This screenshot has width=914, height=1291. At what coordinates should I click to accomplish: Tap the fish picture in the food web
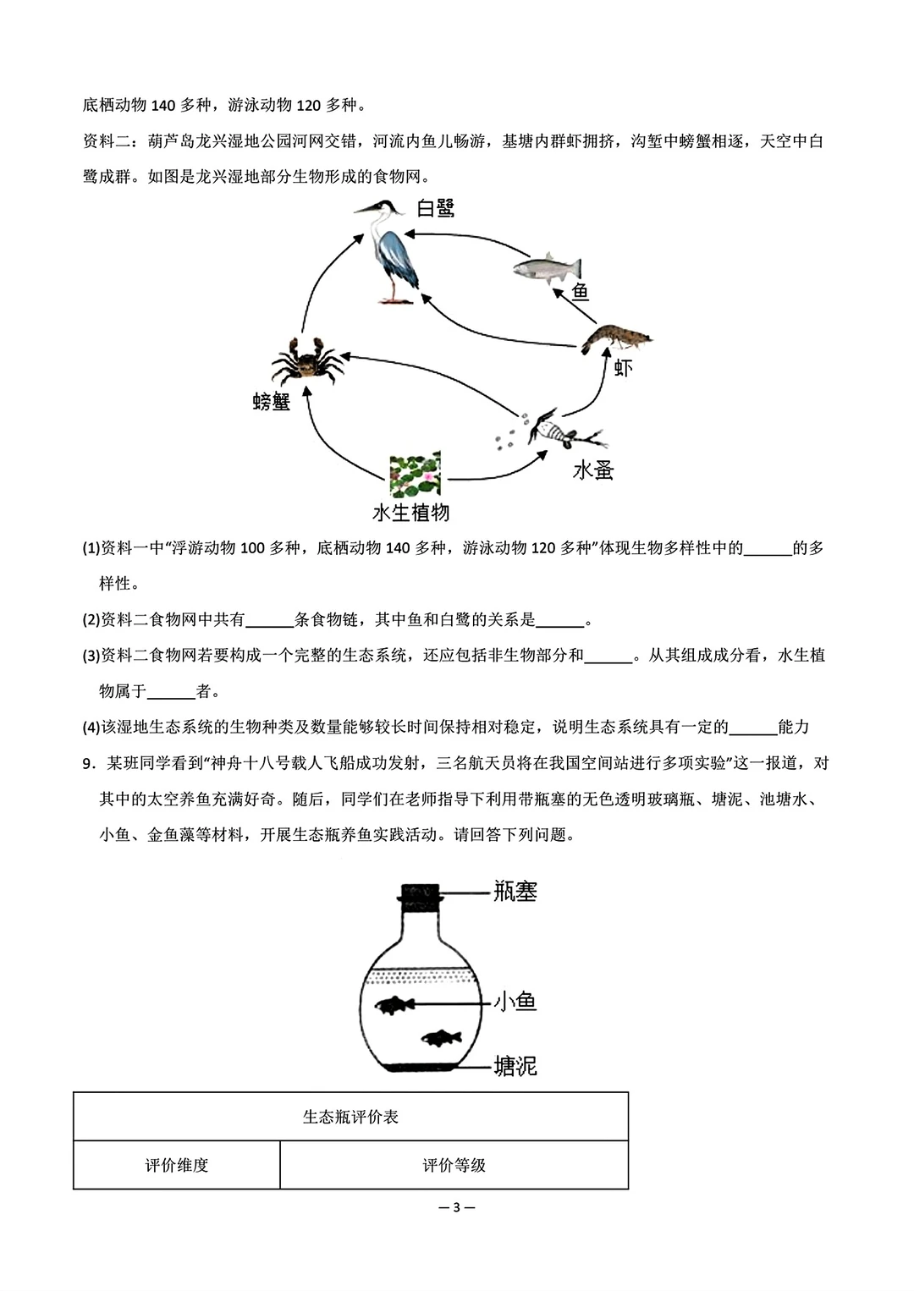(x=548, y=268)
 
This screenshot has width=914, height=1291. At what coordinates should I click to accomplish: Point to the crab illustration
(x=306, y=362)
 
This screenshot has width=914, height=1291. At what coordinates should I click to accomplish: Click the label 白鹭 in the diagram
(x=437, y=208)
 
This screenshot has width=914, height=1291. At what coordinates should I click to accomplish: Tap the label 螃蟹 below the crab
(x=271, y=402)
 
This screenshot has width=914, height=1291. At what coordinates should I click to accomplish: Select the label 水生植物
(x=411, y=513)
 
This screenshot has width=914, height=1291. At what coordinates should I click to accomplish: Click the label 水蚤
(x=592, y=470)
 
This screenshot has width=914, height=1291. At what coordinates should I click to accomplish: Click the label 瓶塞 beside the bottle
(x=515, y=891)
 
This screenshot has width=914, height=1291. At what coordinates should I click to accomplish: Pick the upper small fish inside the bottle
(x=394, y=1005)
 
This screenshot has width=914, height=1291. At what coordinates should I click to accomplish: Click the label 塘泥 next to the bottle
(x=515, y=1066)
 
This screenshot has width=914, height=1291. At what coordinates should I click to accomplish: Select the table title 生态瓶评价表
(x=350, y=1117)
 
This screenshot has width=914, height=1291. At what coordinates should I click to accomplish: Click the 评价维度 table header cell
(x=176, y=1165)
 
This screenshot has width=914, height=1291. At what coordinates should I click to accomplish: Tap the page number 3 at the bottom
(x=457, y=1207)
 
